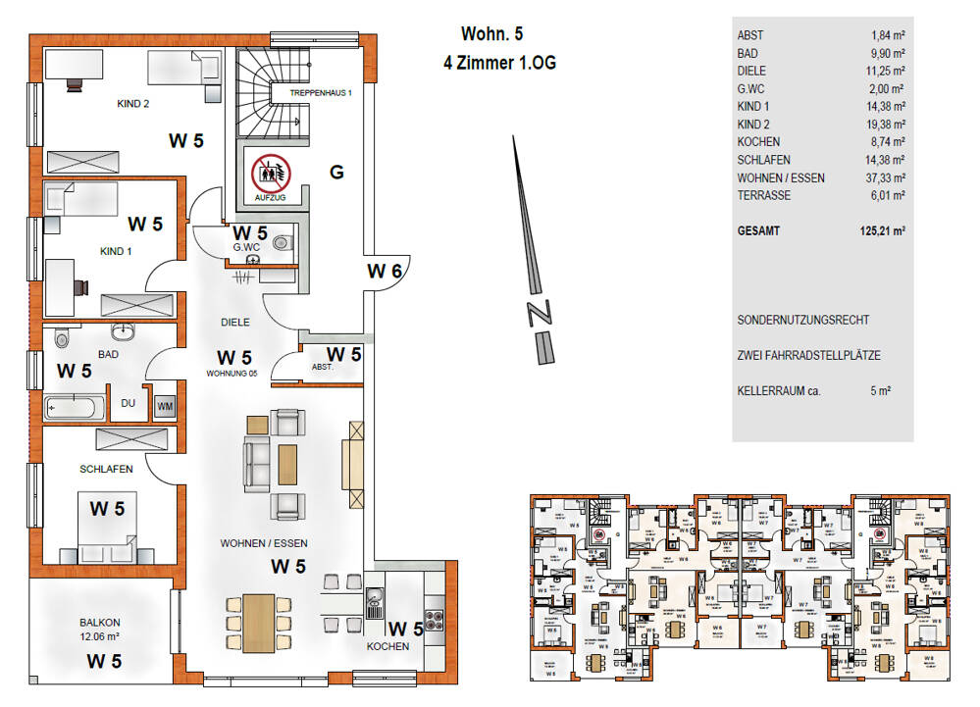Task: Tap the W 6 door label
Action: tap(385, 272)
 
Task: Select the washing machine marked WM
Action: tap(165, 405)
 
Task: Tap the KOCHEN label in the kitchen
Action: tap(387, 648)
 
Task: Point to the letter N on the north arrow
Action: tap(537, 314)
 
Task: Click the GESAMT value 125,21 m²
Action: tap(876, 231)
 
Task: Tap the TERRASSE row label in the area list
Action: tap(763, 195)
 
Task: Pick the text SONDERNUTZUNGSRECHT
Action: tap(802, 321)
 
